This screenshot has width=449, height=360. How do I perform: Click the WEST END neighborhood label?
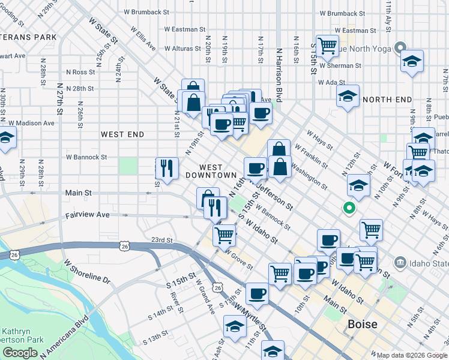coord(122,134)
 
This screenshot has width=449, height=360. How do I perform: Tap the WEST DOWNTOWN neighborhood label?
coord(210,171)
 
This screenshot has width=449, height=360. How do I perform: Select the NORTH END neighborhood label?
coord(387,100)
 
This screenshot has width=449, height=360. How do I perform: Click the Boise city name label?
coord(363,325)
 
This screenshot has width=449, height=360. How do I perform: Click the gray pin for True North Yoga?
coord(400,48)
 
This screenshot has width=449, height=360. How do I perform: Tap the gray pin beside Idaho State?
coord(400,262)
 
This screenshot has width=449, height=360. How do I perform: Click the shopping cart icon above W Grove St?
coord(224,235)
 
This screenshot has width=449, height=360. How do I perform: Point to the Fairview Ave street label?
coord(88,214)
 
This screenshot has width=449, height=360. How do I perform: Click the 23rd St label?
coord(161,240)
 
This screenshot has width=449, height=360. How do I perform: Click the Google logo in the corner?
coord(20,353)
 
